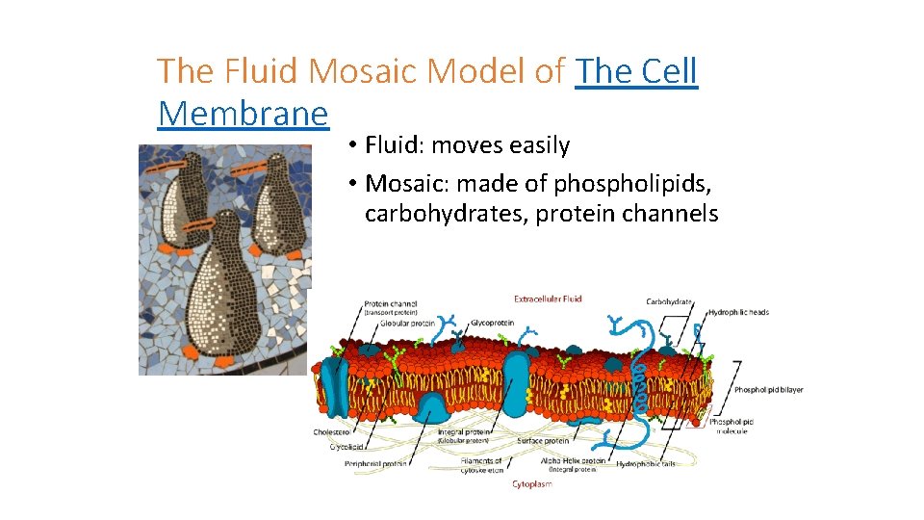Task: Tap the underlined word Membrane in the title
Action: [243, 114]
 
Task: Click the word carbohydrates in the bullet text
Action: [446, 214]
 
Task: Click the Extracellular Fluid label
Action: [548, 299]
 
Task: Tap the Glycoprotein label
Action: [491, 323]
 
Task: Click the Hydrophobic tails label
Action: [646, 463]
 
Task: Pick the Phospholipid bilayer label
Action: [768, 390]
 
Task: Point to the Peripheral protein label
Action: [376, 463]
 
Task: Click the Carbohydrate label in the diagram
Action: [669, 301]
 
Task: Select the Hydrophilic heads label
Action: [738, 312]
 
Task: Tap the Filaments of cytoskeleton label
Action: [481, 465]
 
